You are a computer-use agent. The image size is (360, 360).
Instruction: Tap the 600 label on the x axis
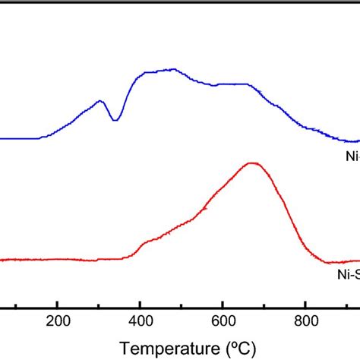pyautogui.click(x=223, y=321)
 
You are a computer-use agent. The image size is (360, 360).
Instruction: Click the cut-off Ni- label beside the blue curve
pyautogui.click(x=350, y=158)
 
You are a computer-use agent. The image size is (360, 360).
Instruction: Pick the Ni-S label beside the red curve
pyautogui.click(x=347, y=278)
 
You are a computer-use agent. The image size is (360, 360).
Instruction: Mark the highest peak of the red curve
pyautogui.click(x=252, y=163)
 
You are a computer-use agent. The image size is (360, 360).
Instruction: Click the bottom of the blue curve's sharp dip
pyautogui.click(x=115, y=120)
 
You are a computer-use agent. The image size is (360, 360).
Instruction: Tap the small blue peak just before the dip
pyautogui.click(x=99, y=101)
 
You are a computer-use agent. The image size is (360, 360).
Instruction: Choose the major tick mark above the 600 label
pyautogui.click(x=223, y=304)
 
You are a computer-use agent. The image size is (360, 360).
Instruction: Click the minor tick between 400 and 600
pyautogui.click(x=182, y=305)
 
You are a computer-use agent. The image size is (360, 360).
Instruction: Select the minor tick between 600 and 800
pyautogui.click(x=264, y=305)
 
